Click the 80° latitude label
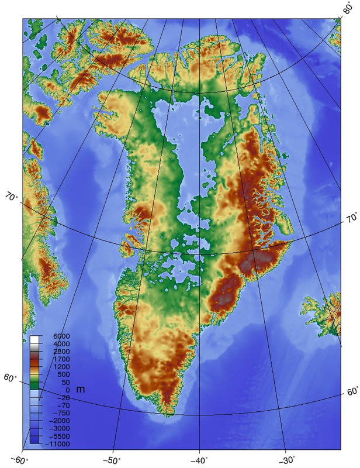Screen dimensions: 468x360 (x=348, y=9)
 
